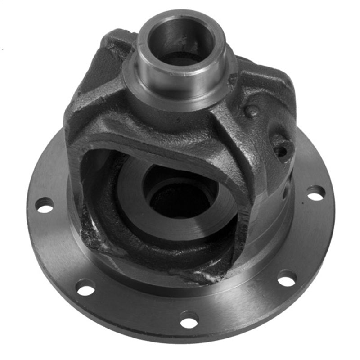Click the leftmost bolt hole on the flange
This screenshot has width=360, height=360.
coord(44,205)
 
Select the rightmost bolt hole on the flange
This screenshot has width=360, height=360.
coord(316,193)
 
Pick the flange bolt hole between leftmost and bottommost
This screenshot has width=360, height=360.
coord(85,287)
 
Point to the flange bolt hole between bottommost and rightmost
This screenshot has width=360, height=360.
coord(287,278)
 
